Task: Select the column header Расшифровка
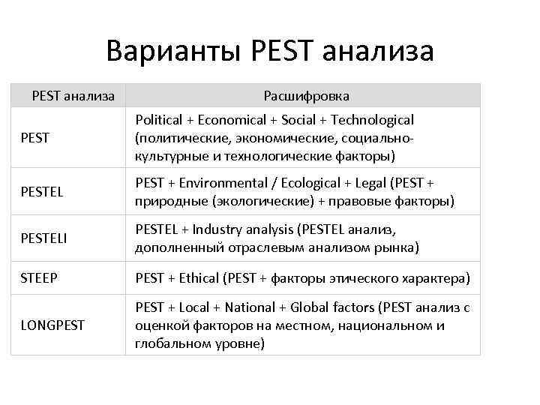306,96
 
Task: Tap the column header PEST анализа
73,96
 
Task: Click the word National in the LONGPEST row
250,307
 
